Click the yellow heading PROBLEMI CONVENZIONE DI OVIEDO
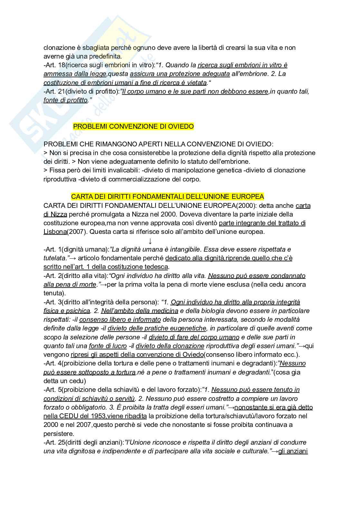coord(133,126)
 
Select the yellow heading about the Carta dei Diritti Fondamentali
coord(167,197)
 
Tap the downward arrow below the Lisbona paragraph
coord(150,241)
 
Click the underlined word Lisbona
coord(55,232)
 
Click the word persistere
coord(59,434)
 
